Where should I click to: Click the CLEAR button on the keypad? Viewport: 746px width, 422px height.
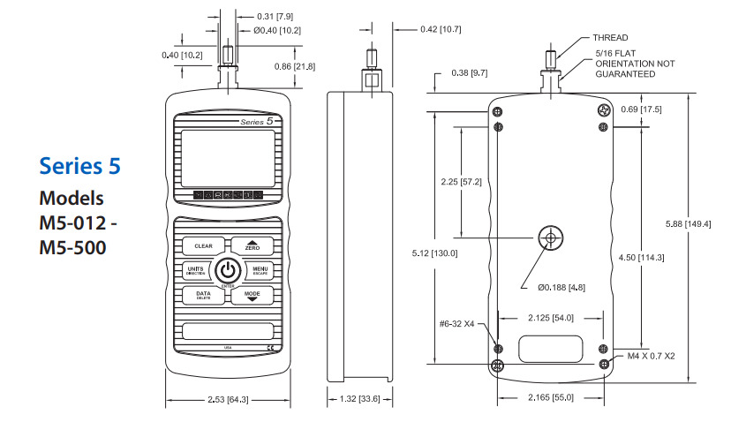tap(203, 246)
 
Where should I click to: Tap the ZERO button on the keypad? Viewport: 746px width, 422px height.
tap(252, 246)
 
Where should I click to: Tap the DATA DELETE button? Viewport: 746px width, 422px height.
tap(203, 295)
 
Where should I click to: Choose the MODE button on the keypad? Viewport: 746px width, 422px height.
tap(252, 295)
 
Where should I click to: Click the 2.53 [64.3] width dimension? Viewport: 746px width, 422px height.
tap(227, 400)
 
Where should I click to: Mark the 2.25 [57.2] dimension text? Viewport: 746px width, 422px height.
tap(461, 182)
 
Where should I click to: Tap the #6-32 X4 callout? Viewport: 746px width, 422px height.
tap(457, 324)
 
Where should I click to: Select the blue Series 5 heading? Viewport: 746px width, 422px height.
tap(80, 165)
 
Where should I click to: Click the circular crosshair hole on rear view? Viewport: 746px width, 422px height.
tap(551, 237)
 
